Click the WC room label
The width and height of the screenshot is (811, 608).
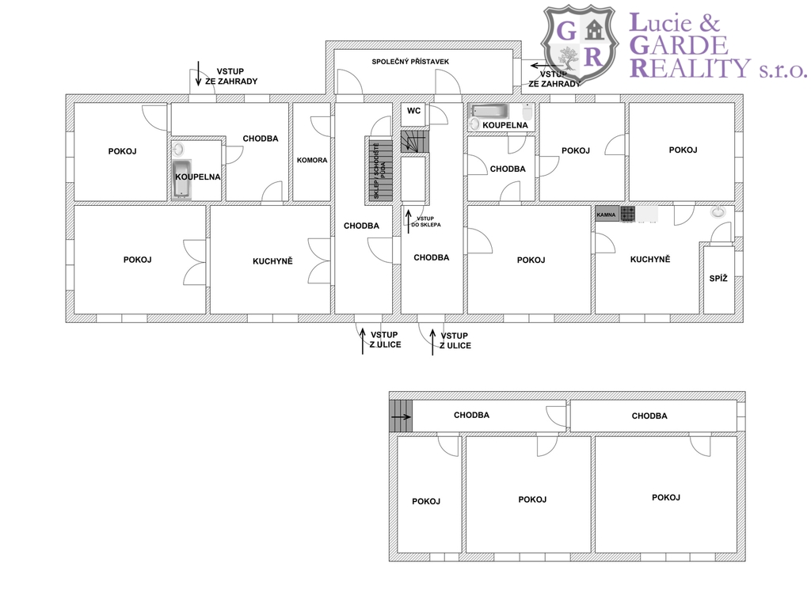[413, 111]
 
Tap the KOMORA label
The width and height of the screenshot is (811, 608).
[312, 160]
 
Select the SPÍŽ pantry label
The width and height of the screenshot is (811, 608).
[718, 278]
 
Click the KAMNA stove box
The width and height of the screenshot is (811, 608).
[607, 214]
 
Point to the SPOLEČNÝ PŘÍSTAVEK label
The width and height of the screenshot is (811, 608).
[410, 62]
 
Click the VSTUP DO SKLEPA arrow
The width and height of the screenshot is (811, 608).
[408, 222]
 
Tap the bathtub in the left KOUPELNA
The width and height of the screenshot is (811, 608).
[181, 179]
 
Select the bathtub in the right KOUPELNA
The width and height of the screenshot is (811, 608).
[488, 111]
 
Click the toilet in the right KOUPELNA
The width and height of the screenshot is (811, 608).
[527, 111]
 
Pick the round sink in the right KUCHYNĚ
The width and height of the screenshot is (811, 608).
[718, 211]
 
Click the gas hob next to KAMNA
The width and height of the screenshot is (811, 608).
[628, 214]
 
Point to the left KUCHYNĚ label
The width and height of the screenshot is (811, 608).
[272, 261]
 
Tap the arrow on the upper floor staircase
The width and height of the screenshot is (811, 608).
[401, 416]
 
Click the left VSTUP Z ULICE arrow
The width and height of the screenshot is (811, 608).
[363, 341]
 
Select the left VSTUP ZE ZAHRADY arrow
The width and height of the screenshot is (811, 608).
[198, 74]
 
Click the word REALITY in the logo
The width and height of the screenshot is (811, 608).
[690, 68]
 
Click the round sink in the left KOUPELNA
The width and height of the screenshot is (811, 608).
[178, 150]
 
